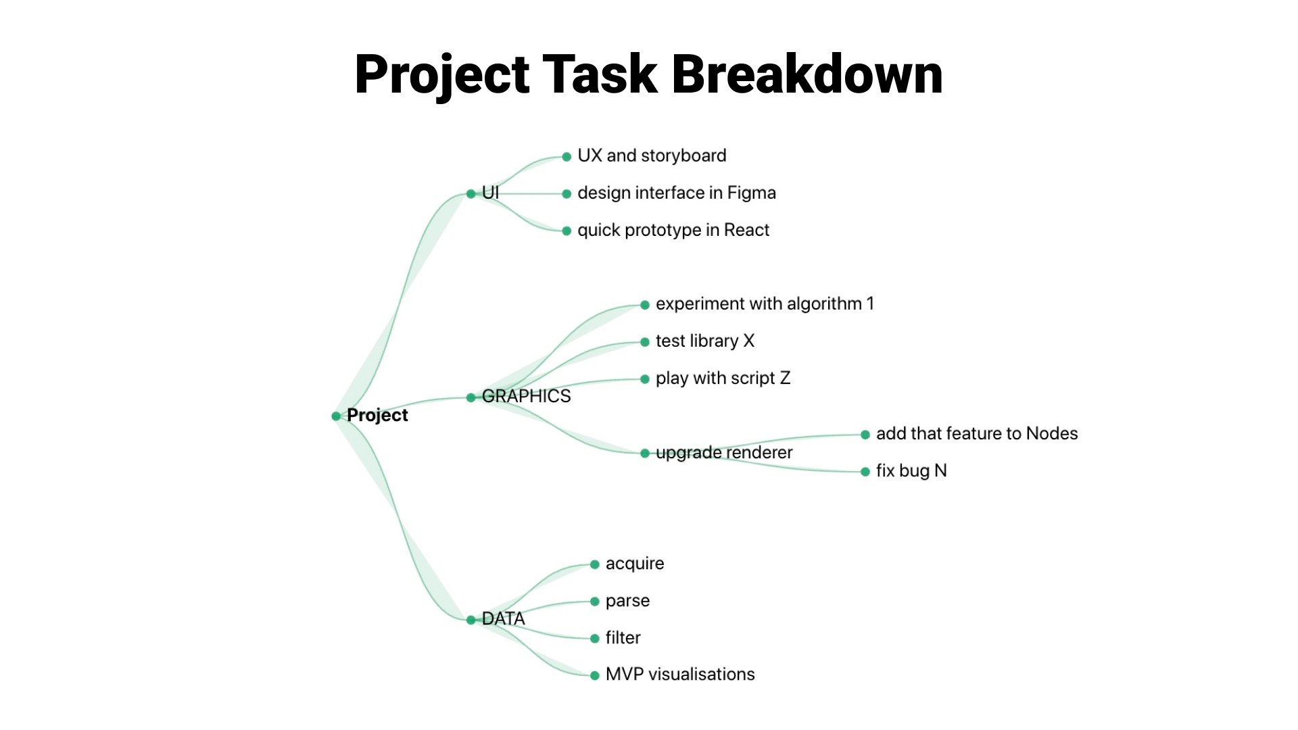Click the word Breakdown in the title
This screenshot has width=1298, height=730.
click(x=807, y=74)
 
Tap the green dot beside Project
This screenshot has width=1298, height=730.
click(x=336, y=416)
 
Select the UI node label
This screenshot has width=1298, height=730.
click(x=490, y=193)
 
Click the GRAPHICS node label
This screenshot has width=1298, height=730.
click(x=526, y=396)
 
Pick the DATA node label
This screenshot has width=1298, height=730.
click(x=503, y=618)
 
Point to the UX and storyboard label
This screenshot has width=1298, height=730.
click(x=652, y=156)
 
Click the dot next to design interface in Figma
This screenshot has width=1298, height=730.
click(x=567, y=194)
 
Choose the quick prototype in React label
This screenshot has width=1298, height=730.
click(x=673, y=230)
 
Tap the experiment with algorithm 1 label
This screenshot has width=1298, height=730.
click(x=765, y=304)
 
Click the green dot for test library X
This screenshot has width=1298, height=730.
click(x=645, y=342)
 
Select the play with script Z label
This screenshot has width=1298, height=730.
click(x=723, y=379)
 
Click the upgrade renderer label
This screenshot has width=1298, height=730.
click(x=724, y=452)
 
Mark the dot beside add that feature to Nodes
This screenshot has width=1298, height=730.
click(x=865, y=435)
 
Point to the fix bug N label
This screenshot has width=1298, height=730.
click(x=911, y=470)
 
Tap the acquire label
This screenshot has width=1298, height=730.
click(x=635, y=564)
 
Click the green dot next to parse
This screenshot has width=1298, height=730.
click(x=595, y=602)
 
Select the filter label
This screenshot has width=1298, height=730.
click(x=623, y=637)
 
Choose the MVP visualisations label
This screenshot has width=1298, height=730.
click(x=680, y=674)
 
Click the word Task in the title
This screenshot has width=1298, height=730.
click(x=600, y=74)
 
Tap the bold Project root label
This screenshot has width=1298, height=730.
click(x=377, y=415)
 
